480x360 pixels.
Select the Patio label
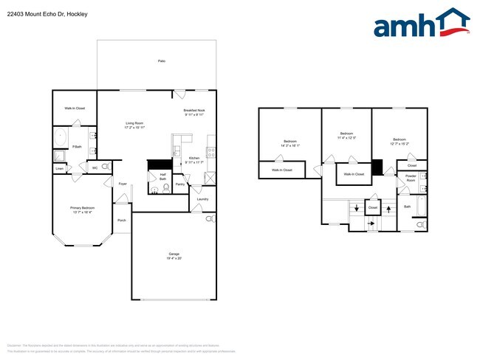[x=161, y=61]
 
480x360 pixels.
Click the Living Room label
[x=134, y=123]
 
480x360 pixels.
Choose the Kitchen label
[x=193, y=159]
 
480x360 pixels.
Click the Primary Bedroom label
[x=81, y=208]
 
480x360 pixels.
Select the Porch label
[x=121, y=220]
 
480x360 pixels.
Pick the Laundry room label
[x=202, y=198]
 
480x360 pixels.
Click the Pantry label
[x=180, y=183]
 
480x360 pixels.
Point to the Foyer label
[x=122, y=184]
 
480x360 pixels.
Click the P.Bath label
[x=76, y=147]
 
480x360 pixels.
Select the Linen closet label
[x=59, y=169]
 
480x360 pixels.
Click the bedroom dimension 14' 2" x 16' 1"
[x=289, y=146]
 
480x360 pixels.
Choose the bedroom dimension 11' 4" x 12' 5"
[x=346, y=138]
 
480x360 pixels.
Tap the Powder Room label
[x=411, y=179]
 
